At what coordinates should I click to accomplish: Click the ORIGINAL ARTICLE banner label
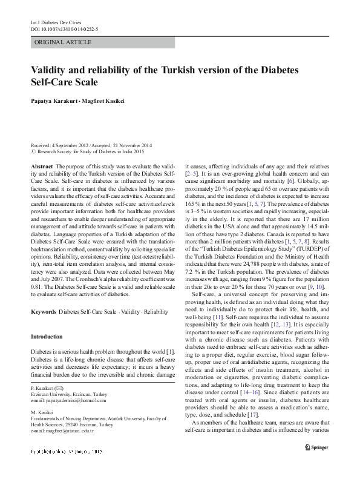point(64,42)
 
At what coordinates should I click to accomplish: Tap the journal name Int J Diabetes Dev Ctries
point(56,21)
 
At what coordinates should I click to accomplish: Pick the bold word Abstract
point(41,165)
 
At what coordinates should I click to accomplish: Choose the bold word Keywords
point(43,311)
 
